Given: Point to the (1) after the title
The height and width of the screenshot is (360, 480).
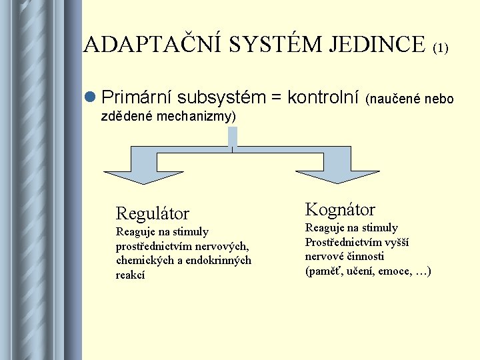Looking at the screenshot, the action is (441, 48).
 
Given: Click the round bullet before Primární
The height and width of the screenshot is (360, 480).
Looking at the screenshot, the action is (91, 99).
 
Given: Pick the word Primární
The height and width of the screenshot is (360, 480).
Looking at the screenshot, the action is (135, 99).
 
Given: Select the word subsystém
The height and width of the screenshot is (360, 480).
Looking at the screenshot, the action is (220, 99).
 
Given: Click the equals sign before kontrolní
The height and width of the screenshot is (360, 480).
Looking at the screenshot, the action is (275, 99).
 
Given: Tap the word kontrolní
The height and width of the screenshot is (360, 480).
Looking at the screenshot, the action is (323, 99).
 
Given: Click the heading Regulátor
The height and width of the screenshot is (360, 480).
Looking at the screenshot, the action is (153, 213).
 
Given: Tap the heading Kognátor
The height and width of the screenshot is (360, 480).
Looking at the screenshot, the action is (340, 209).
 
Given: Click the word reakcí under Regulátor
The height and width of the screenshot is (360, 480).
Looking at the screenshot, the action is (131, 275).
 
